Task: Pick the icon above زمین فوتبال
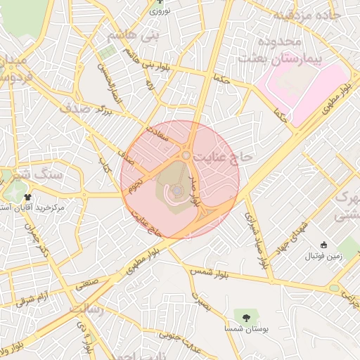323,245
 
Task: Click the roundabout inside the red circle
186,155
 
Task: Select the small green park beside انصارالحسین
106,53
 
